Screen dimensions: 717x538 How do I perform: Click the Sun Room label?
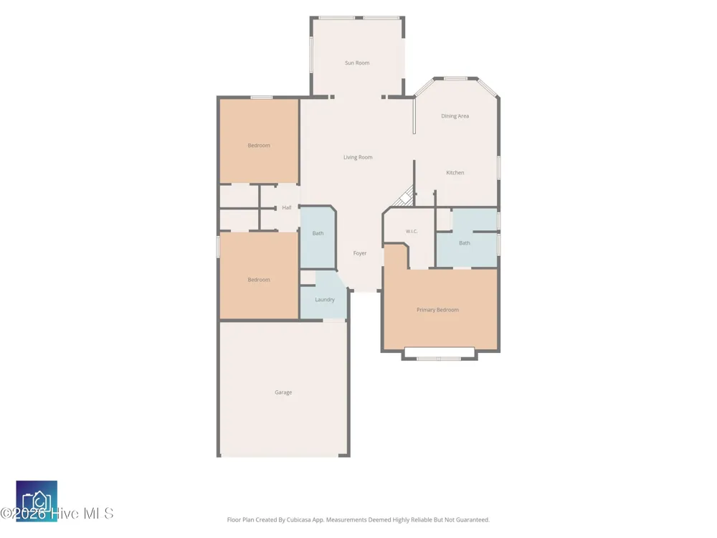(357, 62)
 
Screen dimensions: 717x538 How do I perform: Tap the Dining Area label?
(455, 116)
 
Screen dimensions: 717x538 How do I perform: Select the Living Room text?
(358, 157)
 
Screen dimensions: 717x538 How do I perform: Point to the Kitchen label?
(455, 172)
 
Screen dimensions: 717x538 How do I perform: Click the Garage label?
(283, 392)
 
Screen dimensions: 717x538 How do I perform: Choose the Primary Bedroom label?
(437, 310)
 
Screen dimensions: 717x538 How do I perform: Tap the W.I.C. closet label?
(412, 232)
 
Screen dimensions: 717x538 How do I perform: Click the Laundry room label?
(325, 300)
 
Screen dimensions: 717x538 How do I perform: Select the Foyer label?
(360, 253)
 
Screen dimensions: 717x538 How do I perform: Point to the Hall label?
(287, 208)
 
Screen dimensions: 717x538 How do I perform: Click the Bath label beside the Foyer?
(318, 233)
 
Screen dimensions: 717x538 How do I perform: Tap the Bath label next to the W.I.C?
(465, 243)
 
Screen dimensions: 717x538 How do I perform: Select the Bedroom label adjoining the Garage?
(259, 280)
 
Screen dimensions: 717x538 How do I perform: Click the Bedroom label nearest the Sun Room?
(259, 146)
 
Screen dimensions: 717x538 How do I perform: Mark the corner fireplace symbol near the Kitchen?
(405, 197)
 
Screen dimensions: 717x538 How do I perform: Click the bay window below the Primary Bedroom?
(439, 354)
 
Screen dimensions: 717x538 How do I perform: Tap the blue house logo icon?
(37, 501)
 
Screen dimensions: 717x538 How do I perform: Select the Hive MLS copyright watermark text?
(57, 514)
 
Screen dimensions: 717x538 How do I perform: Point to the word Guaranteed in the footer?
(475, 519)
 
